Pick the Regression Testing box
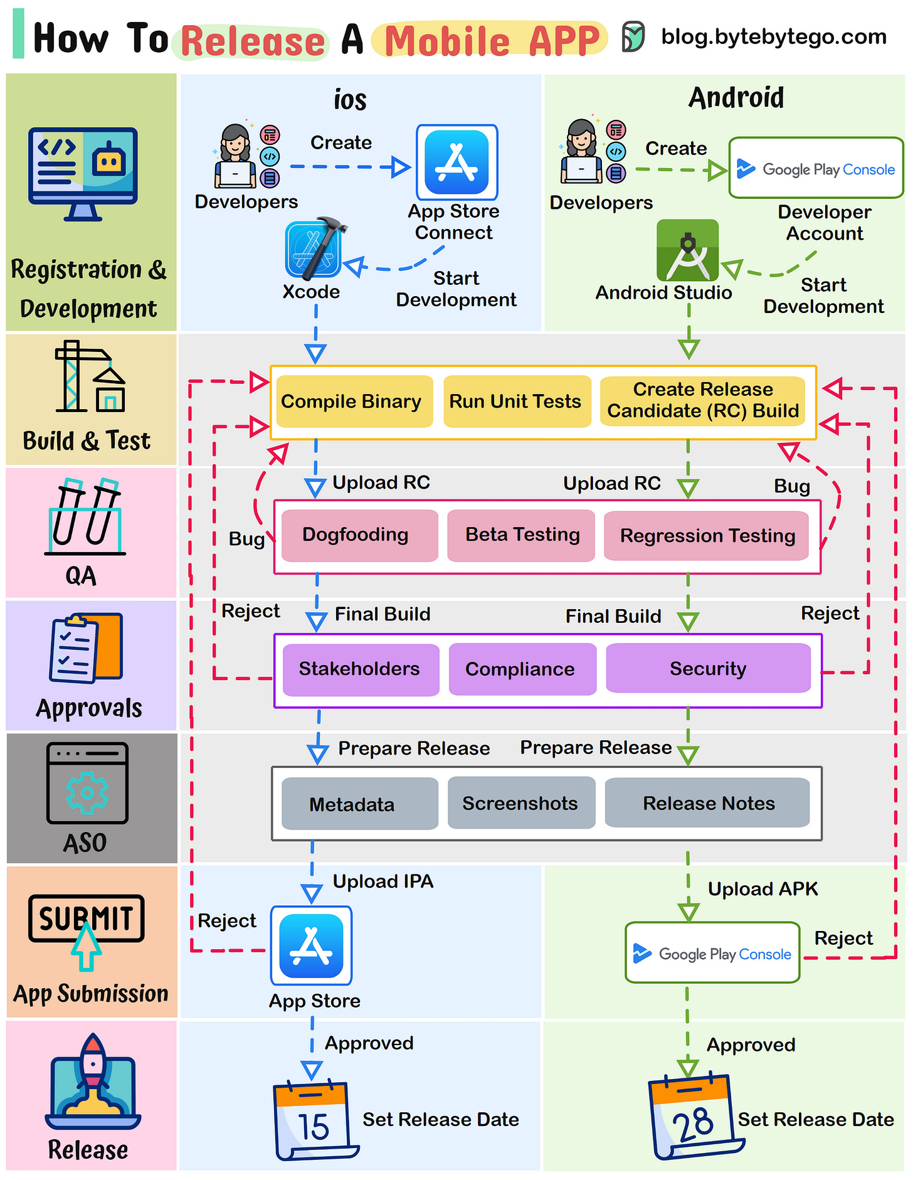click(x=706, y=536)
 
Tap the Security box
click(x=707, y=669)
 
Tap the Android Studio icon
click(x=687, y=250)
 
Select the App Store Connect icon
click(x=456, y=162)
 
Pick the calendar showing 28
click(x=691, y=1117)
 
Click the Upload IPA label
click(x=383, y=881)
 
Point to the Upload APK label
click(x=762, y=889)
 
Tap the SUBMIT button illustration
click(x=87, y=920)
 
